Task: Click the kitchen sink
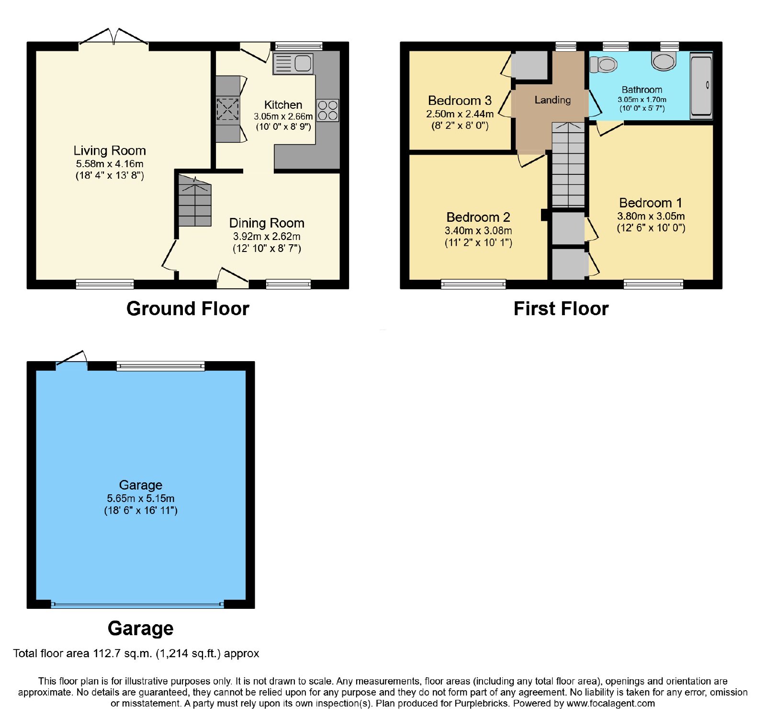click(293, 64)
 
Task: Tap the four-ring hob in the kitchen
click(327, 110)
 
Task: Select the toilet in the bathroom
click(603, 64)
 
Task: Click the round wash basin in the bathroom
click(664, 61)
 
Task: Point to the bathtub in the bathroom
click(701, 85)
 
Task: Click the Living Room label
click(110, 150)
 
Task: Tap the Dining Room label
click(267, 223)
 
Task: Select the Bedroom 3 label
click(460, 101)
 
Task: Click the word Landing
click(552, 100)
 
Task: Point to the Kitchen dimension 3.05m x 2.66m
click(283, 116)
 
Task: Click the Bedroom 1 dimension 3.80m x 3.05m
click(651, 217)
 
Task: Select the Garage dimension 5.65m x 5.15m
click(141, 499)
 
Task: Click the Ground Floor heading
click(188, 309)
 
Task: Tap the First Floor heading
click(561, 309)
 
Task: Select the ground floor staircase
click(195, 200)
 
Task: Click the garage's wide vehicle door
click(137, 605)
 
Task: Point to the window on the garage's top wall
click(160, 366)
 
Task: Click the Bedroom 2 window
click(473, 285)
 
